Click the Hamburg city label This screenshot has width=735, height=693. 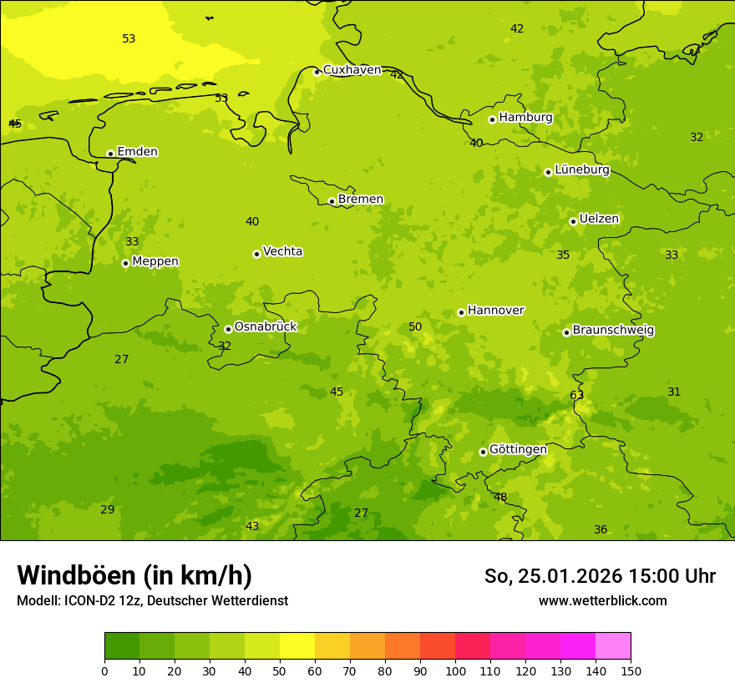[525, 118]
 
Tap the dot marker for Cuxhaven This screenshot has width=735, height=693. [317, 72]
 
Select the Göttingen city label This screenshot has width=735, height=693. [518, 449]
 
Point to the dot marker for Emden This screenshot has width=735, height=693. [110, 154]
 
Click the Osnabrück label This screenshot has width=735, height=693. [266, 326]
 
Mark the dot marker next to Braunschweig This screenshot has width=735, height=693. [566, 332]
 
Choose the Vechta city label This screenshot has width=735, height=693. [282, 251]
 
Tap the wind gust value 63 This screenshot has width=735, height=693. [576, 395]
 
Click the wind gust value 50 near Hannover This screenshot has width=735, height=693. [415, 326]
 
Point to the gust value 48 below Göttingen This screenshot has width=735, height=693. [500, 497]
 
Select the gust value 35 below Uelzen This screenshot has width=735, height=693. [563, 255]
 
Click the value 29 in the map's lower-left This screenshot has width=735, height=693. [108, 509]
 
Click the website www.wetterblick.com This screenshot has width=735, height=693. [602, 600]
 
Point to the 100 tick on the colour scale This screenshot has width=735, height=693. [455, 670]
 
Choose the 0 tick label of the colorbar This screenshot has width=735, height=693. [104, 670]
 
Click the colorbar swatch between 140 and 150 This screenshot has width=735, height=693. [613, 646]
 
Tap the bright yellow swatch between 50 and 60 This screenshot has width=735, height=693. [297, 646]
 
